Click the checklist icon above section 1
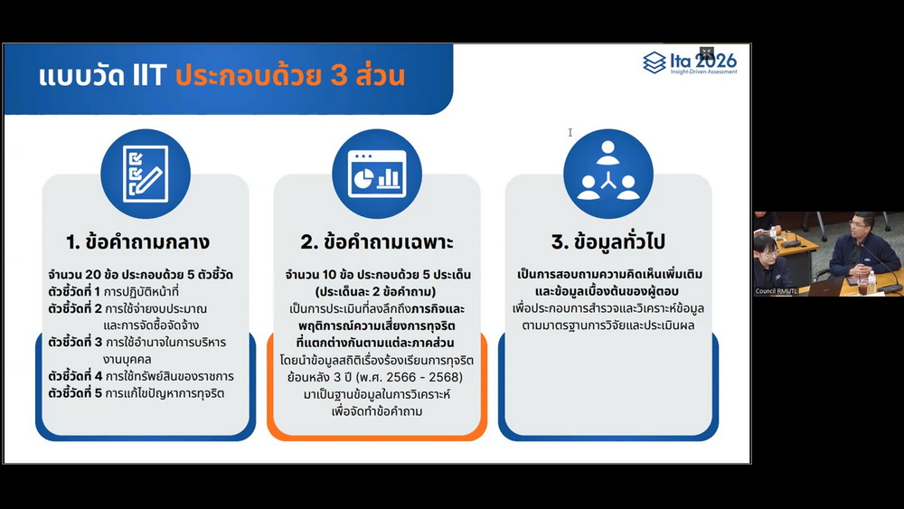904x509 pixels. click(146, 174)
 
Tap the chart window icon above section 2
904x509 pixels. click(377, 174)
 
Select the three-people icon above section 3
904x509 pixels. click(608, 174)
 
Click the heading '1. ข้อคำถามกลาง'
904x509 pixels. click(137, 242)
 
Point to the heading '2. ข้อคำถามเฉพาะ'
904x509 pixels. click(377, 242)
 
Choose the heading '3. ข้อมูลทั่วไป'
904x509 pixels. click(608, 241)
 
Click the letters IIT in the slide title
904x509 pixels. click(149, 76)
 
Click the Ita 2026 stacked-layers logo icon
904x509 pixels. click(654, 62)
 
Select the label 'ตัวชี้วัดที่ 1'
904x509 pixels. click(74, 291)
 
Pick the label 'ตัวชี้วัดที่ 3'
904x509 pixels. click(75, 342)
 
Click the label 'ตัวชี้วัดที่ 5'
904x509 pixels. click(75, 393)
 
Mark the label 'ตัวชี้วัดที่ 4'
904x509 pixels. click(75, 376)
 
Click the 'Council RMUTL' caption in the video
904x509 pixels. click(776, 291)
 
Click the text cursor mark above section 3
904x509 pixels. click(570, 133)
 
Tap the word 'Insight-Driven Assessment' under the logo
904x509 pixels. click(703, 72)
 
